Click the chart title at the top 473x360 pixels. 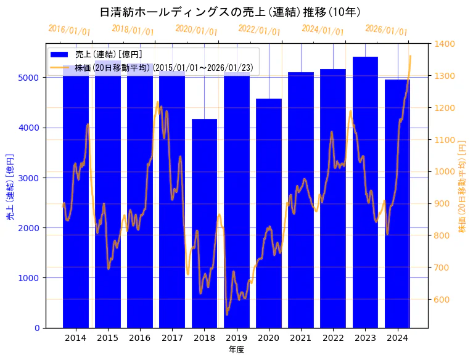click(230, 12)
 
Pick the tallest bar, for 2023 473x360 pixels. click(365, 192)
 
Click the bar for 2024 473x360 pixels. click(397, 203)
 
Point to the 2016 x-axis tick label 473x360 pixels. click(140, 338)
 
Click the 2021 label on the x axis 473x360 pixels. click(301, 338)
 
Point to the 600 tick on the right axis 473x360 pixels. click(442, 300)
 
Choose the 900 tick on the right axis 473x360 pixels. click(442, 203)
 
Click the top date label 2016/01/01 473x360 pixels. click(69, 30)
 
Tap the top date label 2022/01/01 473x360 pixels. click(259, 30)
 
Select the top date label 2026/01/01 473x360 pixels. click(386, 30)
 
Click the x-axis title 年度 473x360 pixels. click(237, 350)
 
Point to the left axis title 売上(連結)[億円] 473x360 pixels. click(10, 186)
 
